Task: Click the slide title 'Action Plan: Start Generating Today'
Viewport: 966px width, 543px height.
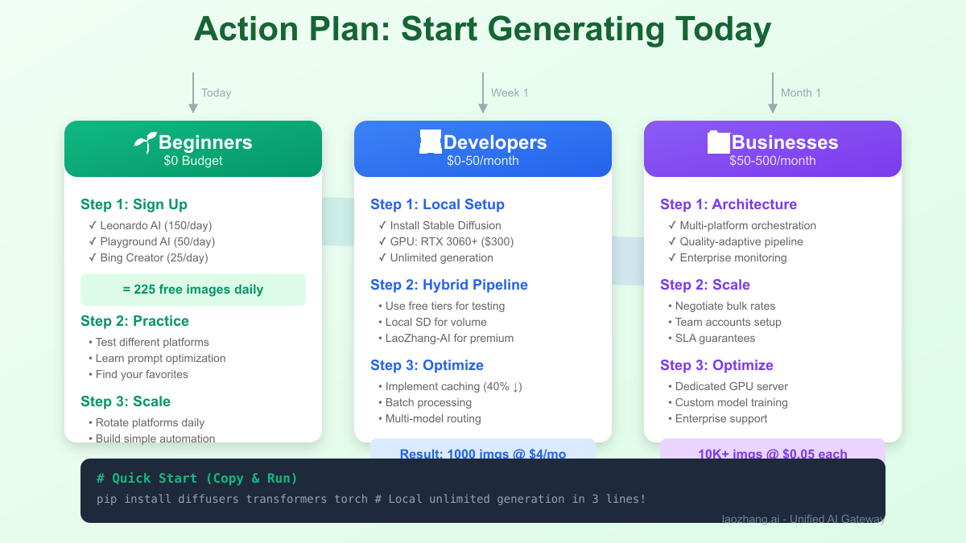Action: click(x=482, y=31)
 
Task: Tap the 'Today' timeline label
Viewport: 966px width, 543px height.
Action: click(x=216, y=93)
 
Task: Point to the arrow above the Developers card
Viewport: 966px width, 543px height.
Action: click(x=482, y=92)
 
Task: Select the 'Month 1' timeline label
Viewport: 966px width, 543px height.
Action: click(x=800, y=93)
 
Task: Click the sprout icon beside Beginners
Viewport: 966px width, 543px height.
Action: click(x=145, y=142)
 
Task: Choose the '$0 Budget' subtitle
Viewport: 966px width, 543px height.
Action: click(x=193, y=161)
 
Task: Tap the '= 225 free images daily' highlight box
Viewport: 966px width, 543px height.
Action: click(x=193, y=289)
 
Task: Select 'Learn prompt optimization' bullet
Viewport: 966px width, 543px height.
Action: click(x=160, y=358)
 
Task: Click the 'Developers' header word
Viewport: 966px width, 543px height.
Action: click(x=494, y=142)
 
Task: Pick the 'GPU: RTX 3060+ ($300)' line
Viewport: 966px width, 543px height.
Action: click(x=452, y=241)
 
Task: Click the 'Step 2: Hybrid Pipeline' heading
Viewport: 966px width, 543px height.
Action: click(x=449, y=285)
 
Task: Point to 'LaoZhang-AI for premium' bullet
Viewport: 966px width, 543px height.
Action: click(x=449, y=338)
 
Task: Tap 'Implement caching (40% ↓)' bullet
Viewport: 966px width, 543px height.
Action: click(x=453, y=386)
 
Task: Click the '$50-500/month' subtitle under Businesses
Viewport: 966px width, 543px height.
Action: click(x=773, y=161)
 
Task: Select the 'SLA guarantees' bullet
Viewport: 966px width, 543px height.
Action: click(x=715, y=338)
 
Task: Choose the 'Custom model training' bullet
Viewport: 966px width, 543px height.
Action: click(x=731, y=402)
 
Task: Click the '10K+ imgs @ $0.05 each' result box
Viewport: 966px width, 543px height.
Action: click(x=772, y=452)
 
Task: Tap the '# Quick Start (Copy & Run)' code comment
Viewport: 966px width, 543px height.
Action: click(x=197, y=479)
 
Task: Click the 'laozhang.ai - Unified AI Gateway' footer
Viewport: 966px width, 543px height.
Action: click(x=803, y=519)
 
